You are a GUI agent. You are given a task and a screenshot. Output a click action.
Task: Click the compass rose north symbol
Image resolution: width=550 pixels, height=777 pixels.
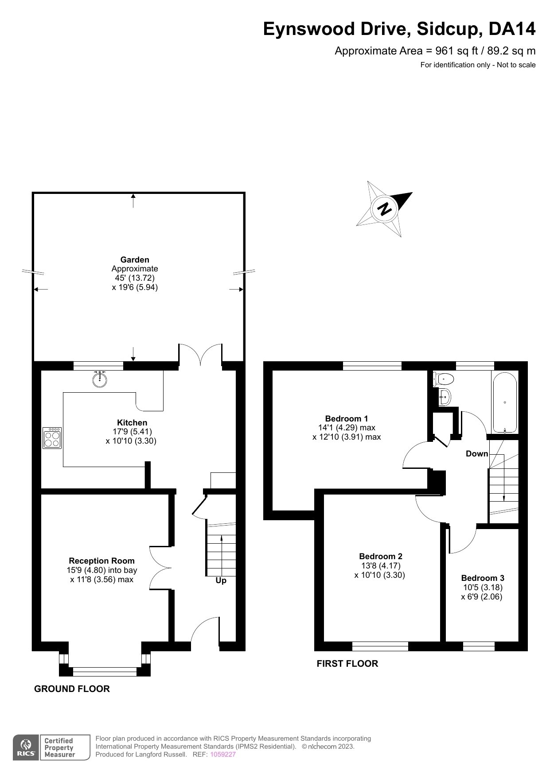385,209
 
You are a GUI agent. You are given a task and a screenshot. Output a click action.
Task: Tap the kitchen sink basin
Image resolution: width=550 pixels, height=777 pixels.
100,379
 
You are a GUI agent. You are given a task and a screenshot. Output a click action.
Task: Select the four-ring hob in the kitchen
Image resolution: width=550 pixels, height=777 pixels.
52,438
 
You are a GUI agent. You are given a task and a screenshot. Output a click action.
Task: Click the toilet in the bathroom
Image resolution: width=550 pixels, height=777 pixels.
444,379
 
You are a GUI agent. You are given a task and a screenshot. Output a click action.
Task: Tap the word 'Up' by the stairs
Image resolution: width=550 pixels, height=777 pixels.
221,580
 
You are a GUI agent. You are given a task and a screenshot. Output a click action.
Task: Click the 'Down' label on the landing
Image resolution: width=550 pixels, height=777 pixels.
477,453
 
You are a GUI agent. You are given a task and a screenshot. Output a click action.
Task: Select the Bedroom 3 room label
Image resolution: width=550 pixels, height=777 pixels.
483,578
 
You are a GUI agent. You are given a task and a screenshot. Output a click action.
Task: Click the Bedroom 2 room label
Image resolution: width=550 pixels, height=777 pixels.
381,556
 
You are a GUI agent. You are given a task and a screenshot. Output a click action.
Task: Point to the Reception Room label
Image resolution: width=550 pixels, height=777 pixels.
101,561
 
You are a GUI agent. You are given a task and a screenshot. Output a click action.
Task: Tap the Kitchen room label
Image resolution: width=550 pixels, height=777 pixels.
132,422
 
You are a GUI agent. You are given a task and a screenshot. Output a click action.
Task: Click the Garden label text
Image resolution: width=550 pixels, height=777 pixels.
135,259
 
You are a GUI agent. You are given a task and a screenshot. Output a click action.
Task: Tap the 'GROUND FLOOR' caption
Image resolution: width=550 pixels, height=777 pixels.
72,688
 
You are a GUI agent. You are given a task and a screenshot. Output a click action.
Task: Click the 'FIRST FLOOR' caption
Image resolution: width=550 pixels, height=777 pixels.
347,663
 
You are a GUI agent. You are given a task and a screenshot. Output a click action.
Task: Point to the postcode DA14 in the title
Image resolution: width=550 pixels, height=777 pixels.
512,29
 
